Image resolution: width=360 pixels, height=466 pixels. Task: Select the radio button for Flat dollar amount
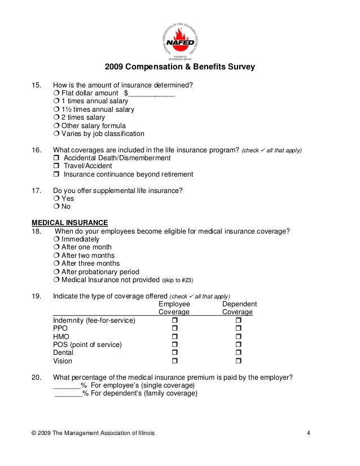[56, 93]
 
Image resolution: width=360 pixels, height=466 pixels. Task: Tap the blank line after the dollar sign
[152, 94]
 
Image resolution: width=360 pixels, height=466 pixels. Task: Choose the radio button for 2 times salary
[56, 117]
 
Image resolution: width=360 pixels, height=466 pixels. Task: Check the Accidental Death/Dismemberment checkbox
[56, 159]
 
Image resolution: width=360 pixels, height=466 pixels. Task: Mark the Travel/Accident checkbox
[56, 166]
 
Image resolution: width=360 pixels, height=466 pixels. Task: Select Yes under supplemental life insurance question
[56, 199]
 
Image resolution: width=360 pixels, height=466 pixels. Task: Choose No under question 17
[56, 207]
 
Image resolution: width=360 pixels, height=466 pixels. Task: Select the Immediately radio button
[56, 239]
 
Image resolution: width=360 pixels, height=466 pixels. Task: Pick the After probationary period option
[56, 272]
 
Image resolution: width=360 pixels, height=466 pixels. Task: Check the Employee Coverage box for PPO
[174, 328]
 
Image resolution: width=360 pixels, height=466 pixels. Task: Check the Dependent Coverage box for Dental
[238, 353]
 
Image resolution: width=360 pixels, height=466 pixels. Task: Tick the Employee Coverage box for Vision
[174, 361]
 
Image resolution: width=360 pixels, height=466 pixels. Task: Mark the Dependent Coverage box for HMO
[238, 337]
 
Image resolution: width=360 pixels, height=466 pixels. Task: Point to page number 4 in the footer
[308, 433]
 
